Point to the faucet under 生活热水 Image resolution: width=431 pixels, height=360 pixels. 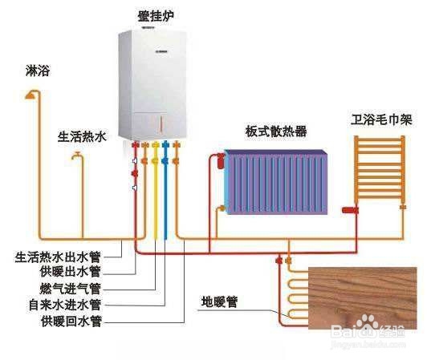[77, 156]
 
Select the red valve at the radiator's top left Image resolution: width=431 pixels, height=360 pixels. [221, 160]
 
